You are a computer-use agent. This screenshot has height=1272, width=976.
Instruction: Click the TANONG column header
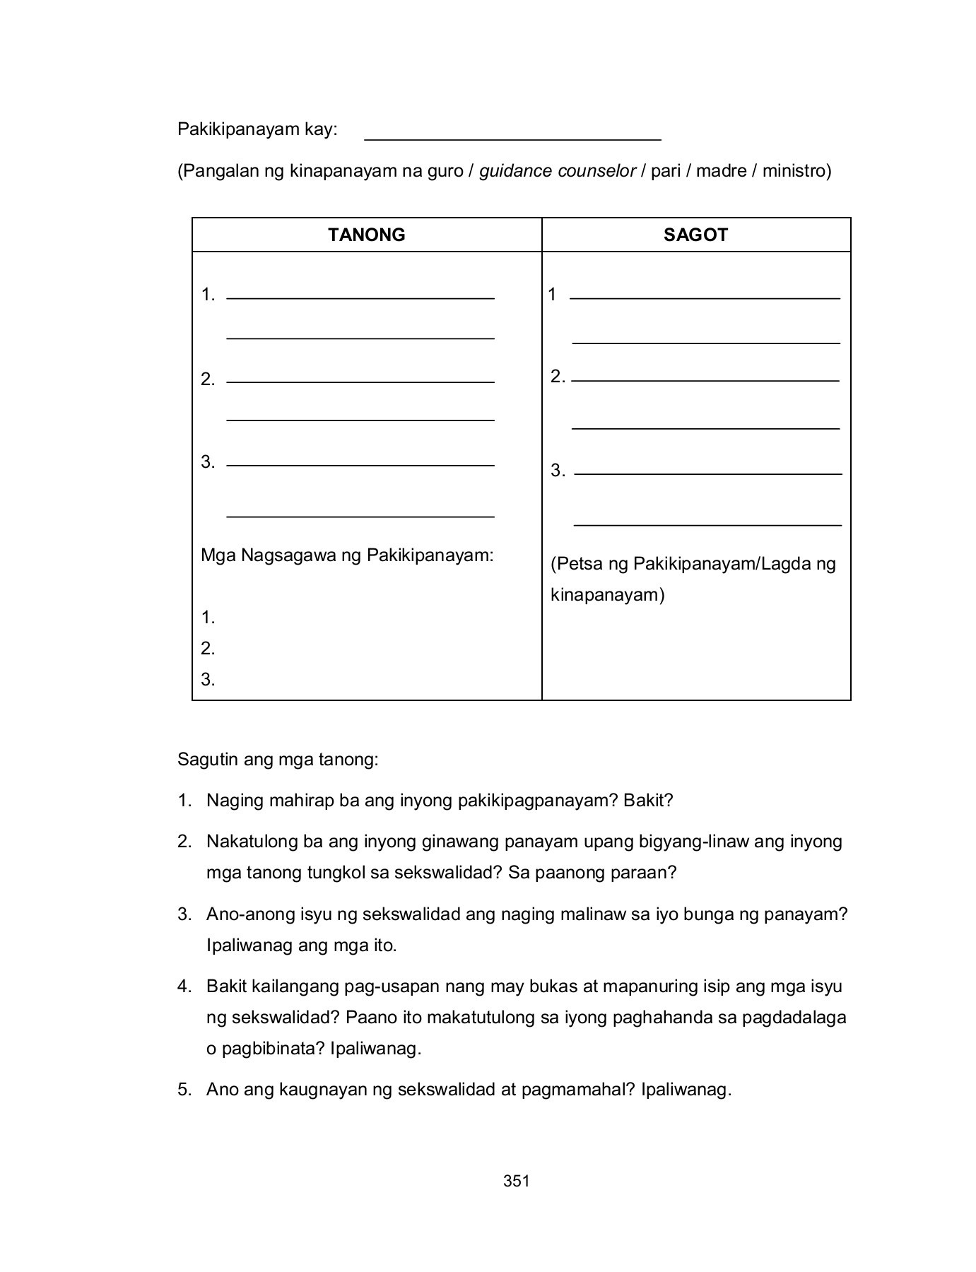click(366, 235)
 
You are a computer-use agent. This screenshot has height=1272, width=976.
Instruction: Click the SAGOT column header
click(695, 235)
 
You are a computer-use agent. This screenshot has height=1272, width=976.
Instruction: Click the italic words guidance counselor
click(558, 171)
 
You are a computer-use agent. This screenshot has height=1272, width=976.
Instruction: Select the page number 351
click(516, 1181)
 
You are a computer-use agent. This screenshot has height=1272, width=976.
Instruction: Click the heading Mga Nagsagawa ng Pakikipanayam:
click(347, 555)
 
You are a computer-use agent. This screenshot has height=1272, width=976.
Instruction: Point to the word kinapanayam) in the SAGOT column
click(608, 595)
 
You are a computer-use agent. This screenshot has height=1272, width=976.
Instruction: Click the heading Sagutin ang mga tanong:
click(278, 760)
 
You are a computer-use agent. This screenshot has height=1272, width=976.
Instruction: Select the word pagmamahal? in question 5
click(578, 1090)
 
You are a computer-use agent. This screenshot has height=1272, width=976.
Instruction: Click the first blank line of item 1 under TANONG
click(360, 298)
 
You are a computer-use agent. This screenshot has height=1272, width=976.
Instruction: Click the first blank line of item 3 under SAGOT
click(707, 473)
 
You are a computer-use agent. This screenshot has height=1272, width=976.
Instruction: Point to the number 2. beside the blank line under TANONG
click(208, 379)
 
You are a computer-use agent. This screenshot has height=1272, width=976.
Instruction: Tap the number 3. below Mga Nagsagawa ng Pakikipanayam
click(208, 680)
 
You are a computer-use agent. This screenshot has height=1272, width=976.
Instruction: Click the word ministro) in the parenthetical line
click(796, 171)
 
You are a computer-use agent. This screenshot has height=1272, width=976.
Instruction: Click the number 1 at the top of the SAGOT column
click(552, 295)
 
